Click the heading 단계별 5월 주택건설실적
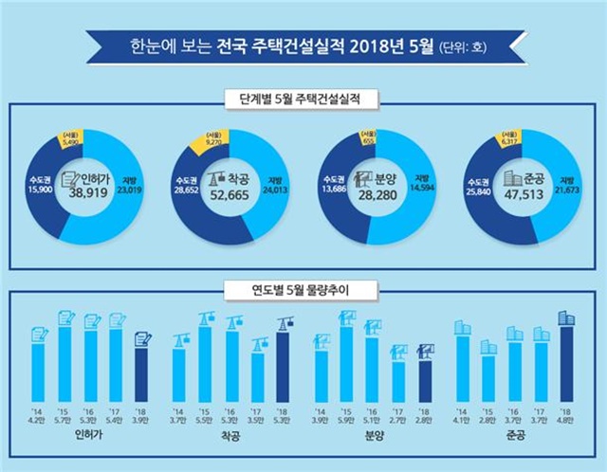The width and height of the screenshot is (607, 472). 303,99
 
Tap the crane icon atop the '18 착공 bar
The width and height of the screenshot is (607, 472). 283,323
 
